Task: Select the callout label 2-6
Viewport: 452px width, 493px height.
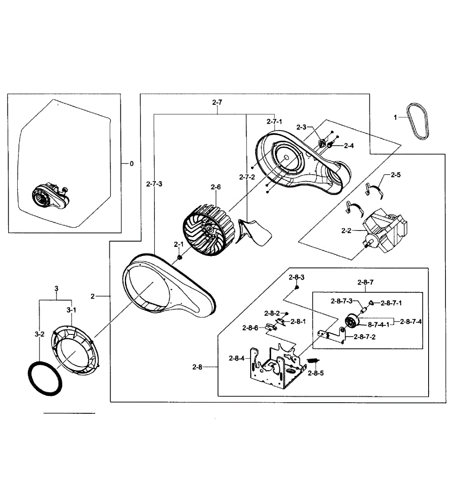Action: click(216, 187)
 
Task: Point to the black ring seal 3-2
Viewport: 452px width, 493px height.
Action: click(45, 377)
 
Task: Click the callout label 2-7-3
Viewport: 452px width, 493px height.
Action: click(154, 184)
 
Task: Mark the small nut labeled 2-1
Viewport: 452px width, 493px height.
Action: click(180, 258)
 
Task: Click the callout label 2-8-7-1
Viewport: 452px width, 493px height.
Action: click(391, 303)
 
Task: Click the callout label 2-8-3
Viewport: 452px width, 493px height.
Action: click(296, 277)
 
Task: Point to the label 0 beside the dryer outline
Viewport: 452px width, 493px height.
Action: click(131, 164)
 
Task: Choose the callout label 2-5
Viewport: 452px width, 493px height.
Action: click(395, 175)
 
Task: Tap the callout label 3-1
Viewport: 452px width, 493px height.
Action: click(71, 309)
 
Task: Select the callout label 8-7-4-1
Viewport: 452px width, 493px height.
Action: click(378, 325)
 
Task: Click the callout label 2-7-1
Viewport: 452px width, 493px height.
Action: click(274, 122)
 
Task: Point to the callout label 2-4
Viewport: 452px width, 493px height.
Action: click(348, 145)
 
